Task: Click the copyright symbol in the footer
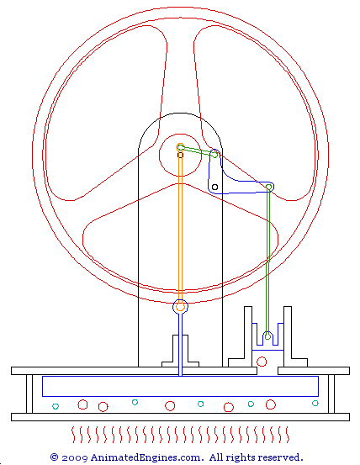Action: point(55,457)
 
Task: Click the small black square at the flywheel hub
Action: point(180,155)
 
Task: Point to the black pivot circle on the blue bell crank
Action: point(215,188)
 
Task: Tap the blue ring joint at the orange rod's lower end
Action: point(180,307)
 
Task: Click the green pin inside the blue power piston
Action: point(267,336)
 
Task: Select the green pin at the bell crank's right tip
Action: point(269,187)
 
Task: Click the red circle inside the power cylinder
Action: point(262,362)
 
